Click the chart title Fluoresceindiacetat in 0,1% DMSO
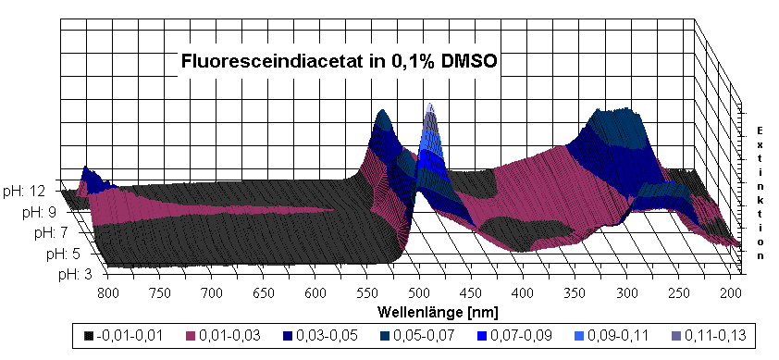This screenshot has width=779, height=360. pyautogui.click(x=340, y=64)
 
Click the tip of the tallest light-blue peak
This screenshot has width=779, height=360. pyautogui.click(x=429, y=106)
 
